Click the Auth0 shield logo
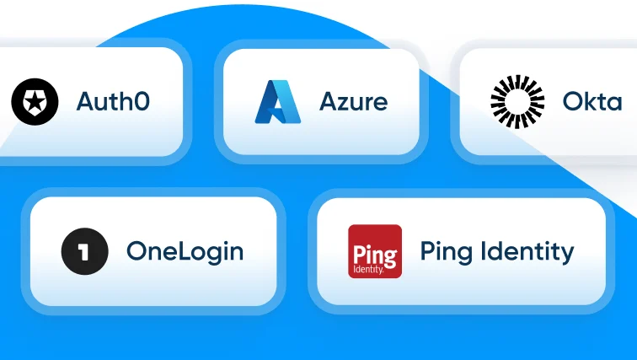35,101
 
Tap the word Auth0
113,101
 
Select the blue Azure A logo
278,101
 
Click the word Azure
353,101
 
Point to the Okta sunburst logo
517,101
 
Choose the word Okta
592,101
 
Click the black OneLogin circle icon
85,251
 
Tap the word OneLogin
185,251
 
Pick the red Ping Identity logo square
375,251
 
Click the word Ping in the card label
447,251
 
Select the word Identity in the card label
527,251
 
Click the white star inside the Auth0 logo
35,99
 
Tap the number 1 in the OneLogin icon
84,251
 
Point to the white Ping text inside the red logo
375,256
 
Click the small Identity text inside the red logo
368,270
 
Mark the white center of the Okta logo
517,101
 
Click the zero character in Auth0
142,101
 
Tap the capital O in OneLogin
136,250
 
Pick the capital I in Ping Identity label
484,250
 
